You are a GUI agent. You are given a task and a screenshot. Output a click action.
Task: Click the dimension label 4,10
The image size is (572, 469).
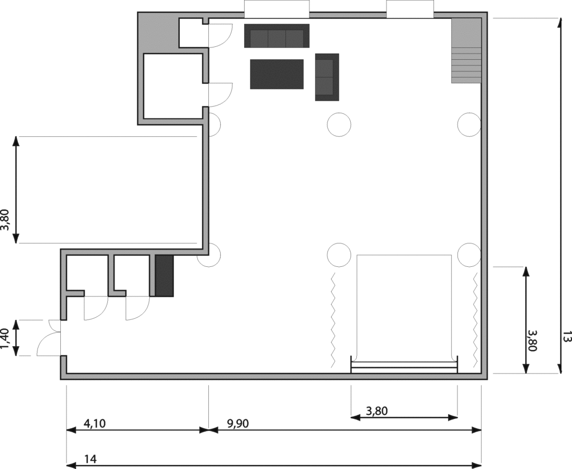tap(94, 423)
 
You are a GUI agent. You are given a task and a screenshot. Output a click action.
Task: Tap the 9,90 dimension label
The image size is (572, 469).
tap(237, 423)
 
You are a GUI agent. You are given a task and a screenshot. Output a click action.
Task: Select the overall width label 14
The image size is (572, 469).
tap(90, 459)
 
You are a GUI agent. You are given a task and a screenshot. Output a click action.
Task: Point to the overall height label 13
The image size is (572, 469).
tap(566, 337)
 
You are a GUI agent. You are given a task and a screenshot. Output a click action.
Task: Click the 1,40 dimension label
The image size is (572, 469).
tap(5, 339)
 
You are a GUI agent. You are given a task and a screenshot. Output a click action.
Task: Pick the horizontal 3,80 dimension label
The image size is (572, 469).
tap(376, 411)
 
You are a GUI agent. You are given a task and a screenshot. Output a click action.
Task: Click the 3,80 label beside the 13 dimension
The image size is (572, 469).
tap(532, 341)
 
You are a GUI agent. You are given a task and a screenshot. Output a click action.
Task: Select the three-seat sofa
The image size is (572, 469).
tap(277, 36)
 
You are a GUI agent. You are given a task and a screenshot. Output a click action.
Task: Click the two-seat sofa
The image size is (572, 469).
tap(327, 77)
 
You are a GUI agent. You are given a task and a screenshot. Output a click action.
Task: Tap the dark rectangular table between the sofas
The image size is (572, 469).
tap(277, 74)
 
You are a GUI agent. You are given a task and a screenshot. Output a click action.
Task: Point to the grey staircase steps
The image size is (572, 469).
tap(466, 51)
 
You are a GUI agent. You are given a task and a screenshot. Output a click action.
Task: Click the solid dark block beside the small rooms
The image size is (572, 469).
tap(164, 276)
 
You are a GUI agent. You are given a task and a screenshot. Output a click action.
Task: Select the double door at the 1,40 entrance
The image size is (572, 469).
tap(49, 338)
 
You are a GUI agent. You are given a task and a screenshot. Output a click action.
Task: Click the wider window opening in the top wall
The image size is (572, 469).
tap(277, 9)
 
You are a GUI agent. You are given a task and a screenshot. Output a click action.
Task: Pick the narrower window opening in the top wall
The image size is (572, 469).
tap(410, 9)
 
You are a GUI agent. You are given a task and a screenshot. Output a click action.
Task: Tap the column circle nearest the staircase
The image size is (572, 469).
tap(469, 125)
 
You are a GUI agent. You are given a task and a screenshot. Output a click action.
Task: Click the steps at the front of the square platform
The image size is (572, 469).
tap(404, 365)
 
